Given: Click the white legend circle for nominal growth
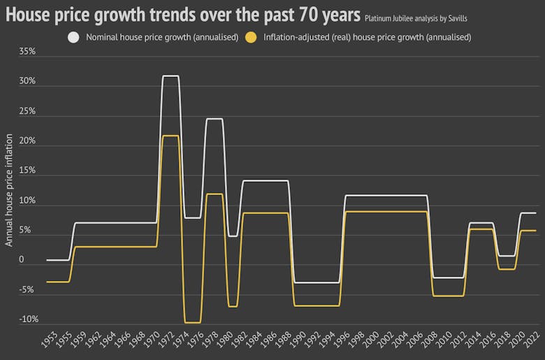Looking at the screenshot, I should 73,36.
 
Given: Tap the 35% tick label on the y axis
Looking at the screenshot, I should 27,51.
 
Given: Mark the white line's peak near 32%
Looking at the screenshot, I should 170,75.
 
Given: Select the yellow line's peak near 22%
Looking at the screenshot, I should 170,136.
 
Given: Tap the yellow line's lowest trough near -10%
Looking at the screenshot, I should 192,322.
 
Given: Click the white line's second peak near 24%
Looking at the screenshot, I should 214,119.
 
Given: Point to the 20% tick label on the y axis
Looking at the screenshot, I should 27,141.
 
